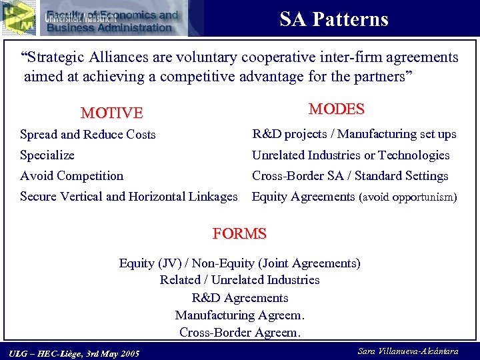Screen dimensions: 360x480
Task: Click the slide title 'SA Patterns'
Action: pyautogui.click(x=333, y=19)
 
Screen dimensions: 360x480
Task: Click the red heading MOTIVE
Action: pyautogui.click(x=111, y=113)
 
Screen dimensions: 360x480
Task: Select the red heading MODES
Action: pyautogui.click(x=336, y=109)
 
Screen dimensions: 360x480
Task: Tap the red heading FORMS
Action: pyautogui.click(x=239, y=234)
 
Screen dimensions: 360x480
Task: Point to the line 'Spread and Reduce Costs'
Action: pyautogui.click(x=87, y=135)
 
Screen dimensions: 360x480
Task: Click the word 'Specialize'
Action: pyautogui.click(x=47, y=155)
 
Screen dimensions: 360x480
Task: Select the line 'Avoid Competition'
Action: pyautogui.click(x=71, y=176)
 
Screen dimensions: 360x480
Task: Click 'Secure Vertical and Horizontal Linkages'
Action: pyautogui.click(x=129, y=197)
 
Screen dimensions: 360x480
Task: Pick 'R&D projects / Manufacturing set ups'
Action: pyautogui.click(x=353, y=134)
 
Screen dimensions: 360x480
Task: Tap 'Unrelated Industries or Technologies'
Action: pyautogui.click(x=350, y=155)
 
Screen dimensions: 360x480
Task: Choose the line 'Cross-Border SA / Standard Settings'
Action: pyautogui.click(x=349, y=176)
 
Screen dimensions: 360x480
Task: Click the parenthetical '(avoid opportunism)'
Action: pyautogui.click(x=408, y=197)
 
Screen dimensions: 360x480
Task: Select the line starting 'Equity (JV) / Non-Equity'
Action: pyautogui.click(x=239, y=263)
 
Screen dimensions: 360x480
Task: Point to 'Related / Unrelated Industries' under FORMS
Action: pyautogui.click(x=239, y=280)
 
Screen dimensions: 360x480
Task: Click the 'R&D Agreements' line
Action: pyautogui.click(x=239, y=297)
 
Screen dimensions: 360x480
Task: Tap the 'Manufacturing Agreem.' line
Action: pyautogui.click(x=239, y=315)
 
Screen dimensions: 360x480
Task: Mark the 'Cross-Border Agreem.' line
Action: pyautogui.click(x=239, y=332)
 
